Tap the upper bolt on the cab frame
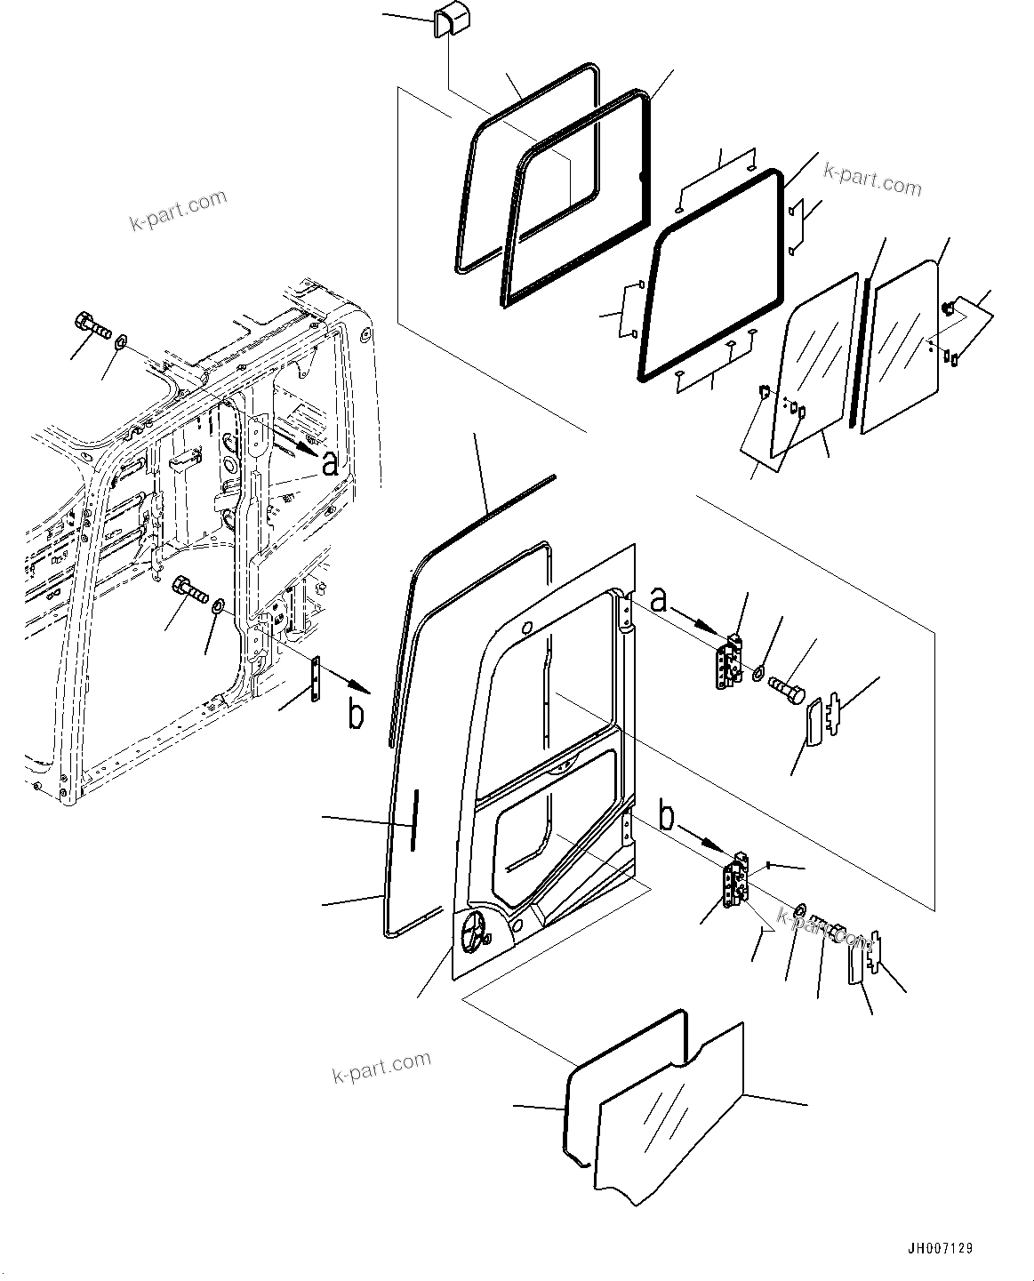[93, 327]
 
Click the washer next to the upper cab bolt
[122, 340]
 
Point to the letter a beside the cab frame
[330, 462]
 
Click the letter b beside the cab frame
[357, 716]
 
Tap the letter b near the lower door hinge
[668, 812]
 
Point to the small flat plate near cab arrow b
[317, 680]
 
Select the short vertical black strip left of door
[413, 819]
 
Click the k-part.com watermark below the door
[381, 1066]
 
